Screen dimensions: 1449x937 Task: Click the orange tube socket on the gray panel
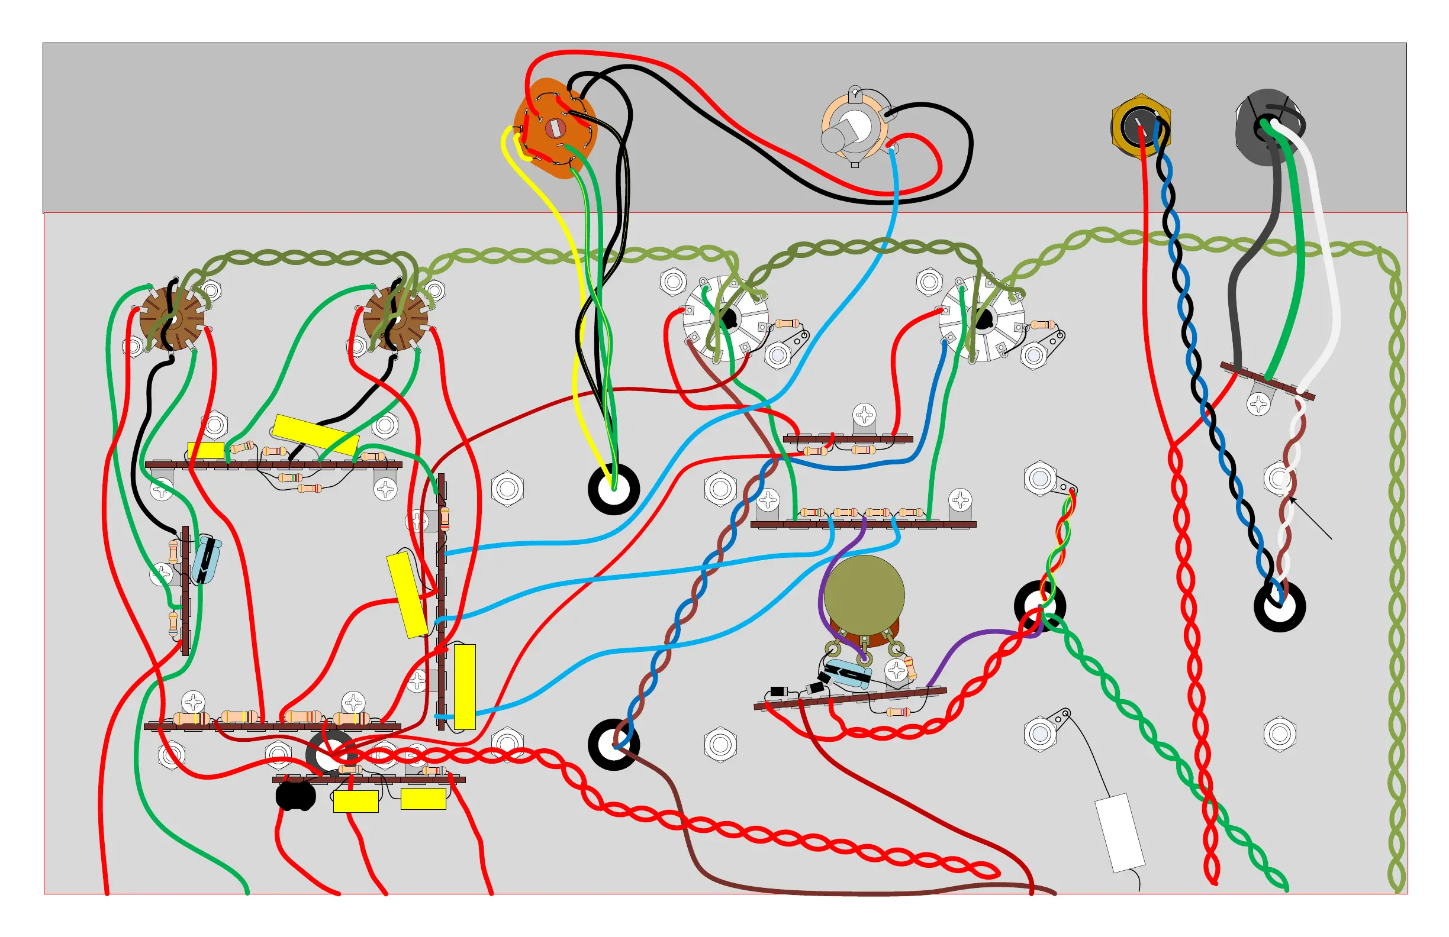(554, 128)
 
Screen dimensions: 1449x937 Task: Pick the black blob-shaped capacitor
(296, 795)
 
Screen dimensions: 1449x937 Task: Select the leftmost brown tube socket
(172, 319)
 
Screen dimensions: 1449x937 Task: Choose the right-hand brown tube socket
(395, 319)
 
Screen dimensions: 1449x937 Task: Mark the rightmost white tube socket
(981, 319)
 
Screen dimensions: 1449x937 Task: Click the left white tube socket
(726, 319)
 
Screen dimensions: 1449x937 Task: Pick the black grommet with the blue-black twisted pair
(1279, 606)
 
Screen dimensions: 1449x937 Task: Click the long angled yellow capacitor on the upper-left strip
(315, 434)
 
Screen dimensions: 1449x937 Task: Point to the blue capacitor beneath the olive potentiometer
(847, 674)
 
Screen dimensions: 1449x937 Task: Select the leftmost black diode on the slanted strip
(779, 691)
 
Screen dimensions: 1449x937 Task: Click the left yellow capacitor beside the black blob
(356, 802)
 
